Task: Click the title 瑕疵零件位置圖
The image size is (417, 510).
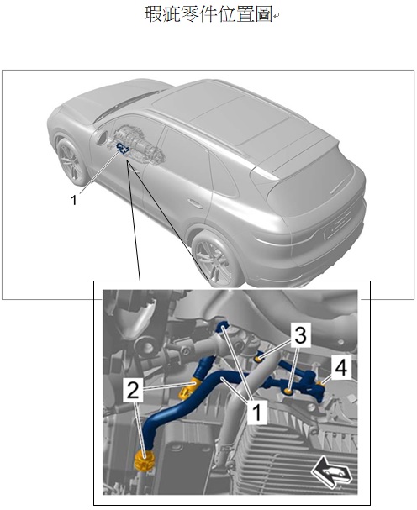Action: (208, 14)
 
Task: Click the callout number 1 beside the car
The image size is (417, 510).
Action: (74, 200)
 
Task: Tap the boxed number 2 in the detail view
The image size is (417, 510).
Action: (133, 391)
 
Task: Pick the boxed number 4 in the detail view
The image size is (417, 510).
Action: (340, 367)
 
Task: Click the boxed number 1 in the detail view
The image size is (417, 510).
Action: (257, 412)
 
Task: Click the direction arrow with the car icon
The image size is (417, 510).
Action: (332, 473)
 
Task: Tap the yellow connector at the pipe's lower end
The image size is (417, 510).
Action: (145, 460)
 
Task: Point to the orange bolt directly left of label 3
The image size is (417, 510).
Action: (258, 359)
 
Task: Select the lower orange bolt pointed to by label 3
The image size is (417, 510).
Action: (288, 392)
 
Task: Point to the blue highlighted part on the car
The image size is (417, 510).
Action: (123, 147)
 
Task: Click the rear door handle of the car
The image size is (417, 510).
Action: (194, 203)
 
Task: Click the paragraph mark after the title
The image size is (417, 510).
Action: (276, 16)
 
